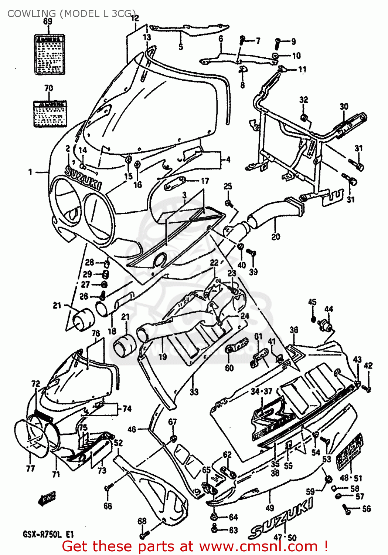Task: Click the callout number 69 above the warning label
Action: tap(48, 21)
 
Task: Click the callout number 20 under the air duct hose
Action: tap(276, 236)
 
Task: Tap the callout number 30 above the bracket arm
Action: tap(344, 107)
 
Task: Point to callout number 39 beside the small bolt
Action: tap(253, 272)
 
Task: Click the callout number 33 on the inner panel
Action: tap(194, 391)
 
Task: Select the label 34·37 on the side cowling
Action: tap(261, 391)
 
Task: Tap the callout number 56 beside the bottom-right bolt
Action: tap(366, 509)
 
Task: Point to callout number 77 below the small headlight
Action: tap(30, 468)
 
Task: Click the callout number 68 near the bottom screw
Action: tap(142, 521)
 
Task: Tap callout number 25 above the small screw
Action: tap(228, 186)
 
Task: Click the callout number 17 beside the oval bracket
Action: tap(205, 181)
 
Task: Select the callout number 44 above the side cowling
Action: tap(329, 309)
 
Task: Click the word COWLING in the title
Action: tap(31, 14)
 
